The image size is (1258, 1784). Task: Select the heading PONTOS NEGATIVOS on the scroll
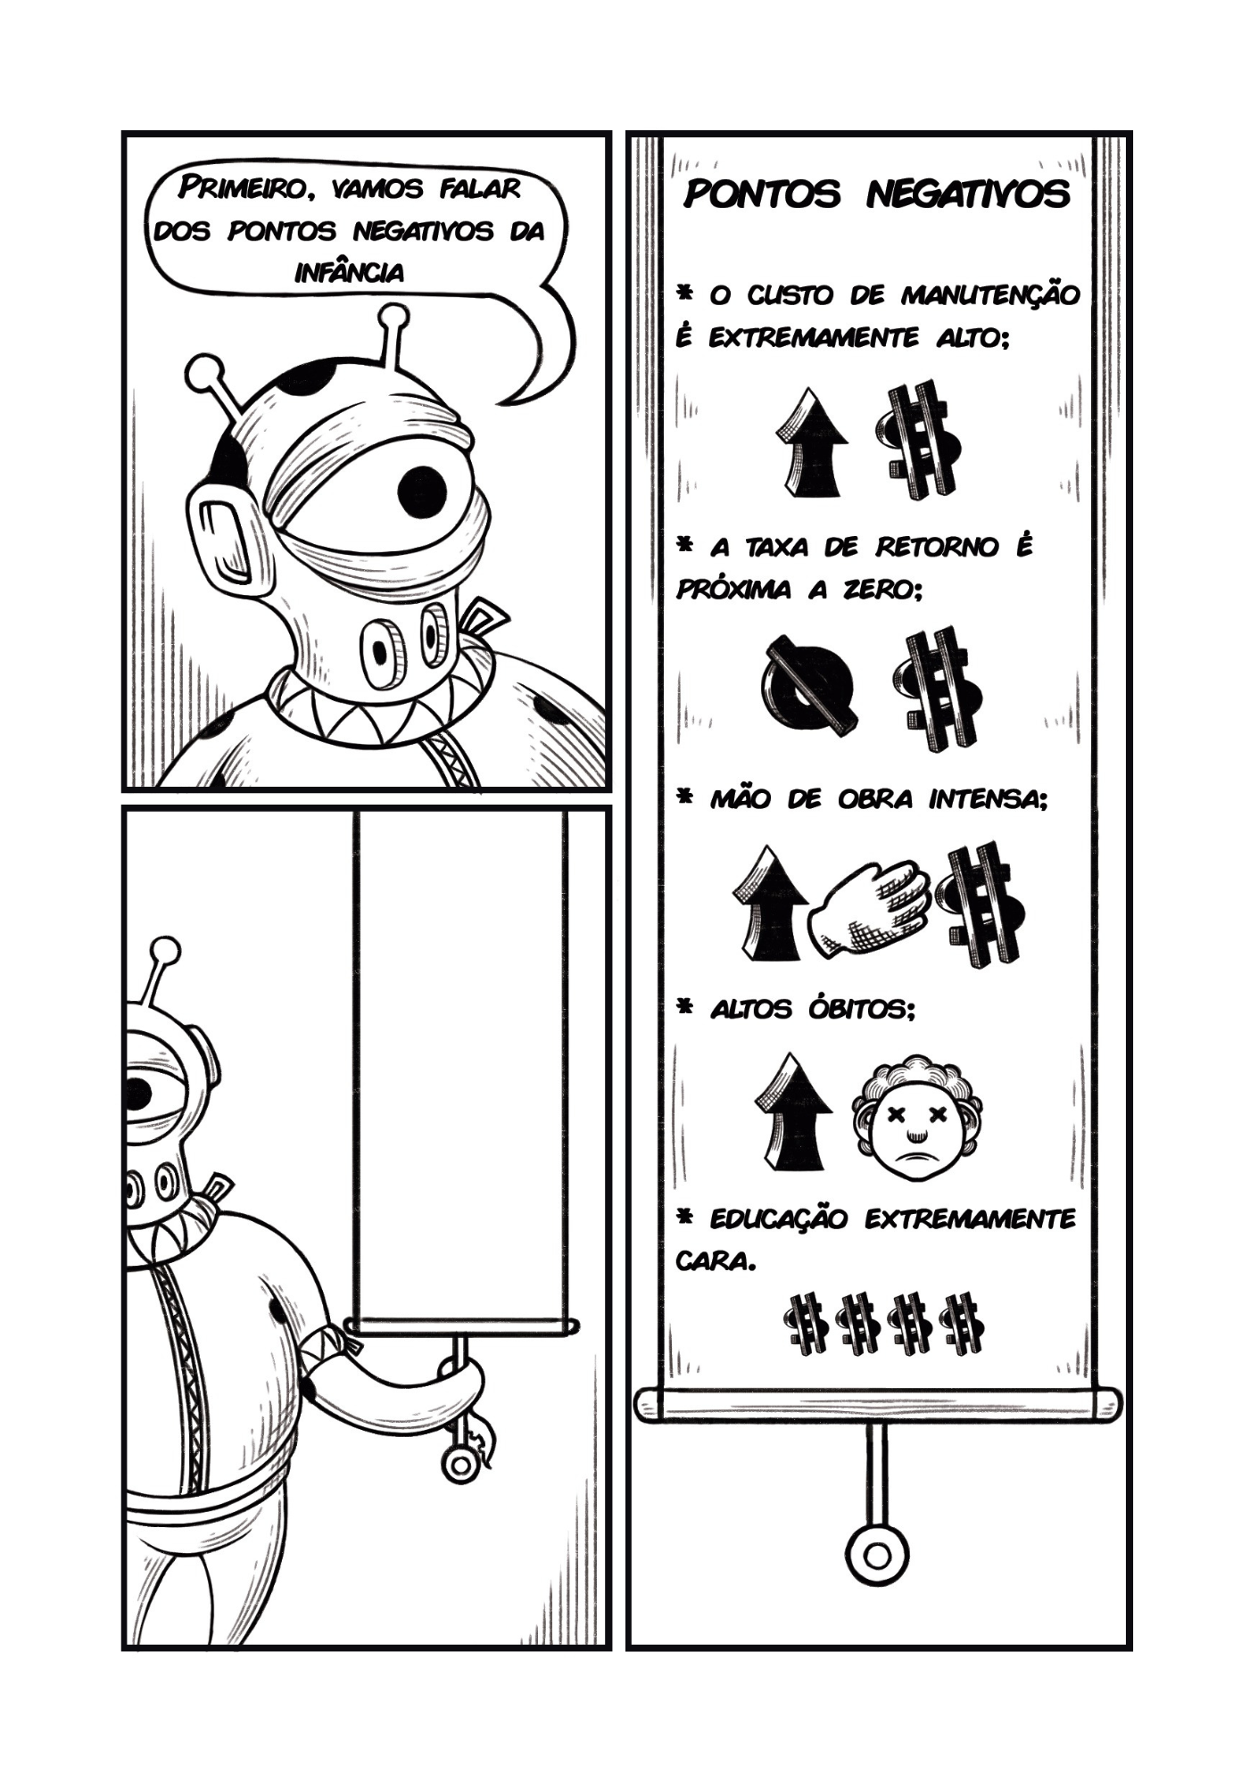tap(876, 194)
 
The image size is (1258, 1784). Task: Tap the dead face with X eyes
tap(916, 1119)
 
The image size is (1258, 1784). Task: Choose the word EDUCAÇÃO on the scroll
tap(778, 1218)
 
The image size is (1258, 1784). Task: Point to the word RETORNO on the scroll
tap(936, 547)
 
